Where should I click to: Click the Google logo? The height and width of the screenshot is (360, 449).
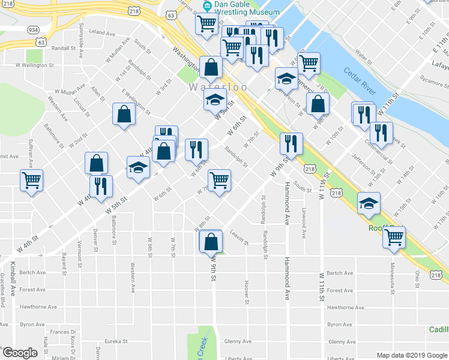19,353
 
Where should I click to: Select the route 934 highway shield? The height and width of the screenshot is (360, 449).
33,29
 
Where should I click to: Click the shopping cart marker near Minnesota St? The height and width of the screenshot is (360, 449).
394,236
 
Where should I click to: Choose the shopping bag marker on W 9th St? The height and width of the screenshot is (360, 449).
211,242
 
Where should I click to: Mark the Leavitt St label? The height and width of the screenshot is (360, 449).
238,239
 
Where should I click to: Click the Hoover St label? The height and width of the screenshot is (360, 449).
246,291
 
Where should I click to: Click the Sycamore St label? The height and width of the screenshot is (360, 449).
430,77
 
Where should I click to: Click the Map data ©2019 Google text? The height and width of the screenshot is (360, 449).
411,355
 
